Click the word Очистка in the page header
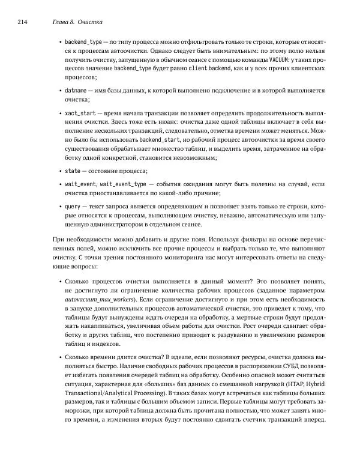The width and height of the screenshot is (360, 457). coord(91,22)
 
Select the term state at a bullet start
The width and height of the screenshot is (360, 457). coord(73,171)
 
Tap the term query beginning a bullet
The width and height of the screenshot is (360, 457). coord(74,205)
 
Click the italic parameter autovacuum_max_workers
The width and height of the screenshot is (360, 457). coord(100,299)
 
